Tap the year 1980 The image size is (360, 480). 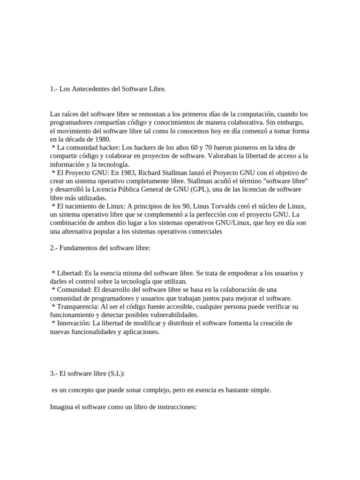click(102, 139)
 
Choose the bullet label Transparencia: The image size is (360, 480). click(78, 307)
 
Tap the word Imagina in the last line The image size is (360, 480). click(61, 407)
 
